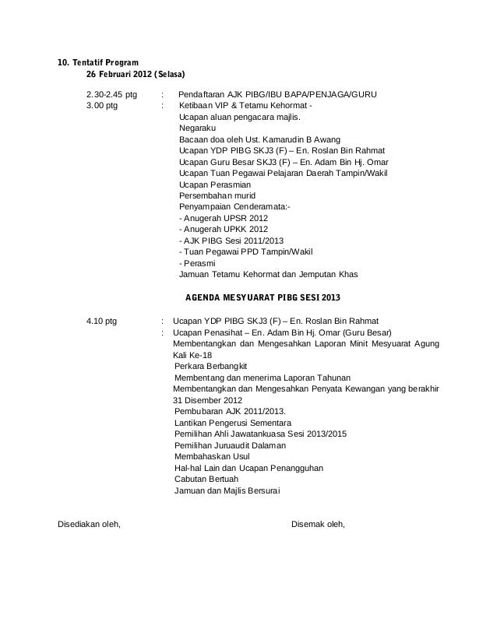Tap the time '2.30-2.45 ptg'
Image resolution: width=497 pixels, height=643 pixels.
pos(111,95)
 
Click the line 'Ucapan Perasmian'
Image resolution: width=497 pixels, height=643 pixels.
pos(215,184)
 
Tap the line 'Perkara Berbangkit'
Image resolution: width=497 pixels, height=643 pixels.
pos(211,366)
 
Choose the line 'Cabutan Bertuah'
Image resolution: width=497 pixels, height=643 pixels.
pos(208,479)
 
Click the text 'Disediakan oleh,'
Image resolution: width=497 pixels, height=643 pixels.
pos(90,523)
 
